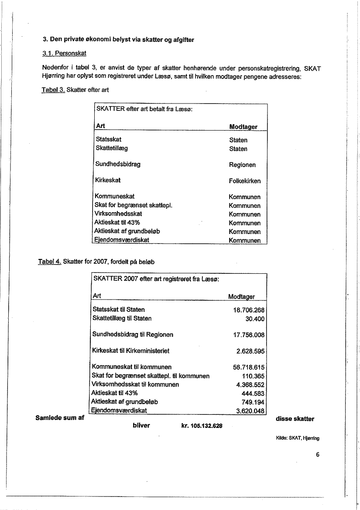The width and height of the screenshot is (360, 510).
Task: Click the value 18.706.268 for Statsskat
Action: click(x=249, y=310)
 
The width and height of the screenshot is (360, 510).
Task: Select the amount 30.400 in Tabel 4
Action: click(x=254, y=319)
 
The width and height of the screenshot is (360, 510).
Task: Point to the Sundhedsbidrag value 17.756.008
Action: click(x=249, y=335)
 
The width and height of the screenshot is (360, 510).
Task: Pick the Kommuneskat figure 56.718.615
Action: click(x=249, y=368)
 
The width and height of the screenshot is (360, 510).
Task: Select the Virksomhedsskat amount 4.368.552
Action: click(x=251, y=385)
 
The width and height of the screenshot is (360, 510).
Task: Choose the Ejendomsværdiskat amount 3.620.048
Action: click(x=251, y=411)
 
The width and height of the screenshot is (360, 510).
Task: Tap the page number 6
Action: click(x=318, y=455)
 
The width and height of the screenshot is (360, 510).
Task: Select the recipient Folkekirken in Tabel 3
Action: click(x=245, y=181)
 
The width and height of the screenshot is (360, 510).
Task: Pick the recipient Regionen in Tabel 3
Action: click(x=242, y=165)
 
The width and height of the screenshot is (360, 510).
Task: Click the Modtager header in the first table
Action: click(x=243, y=127)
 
